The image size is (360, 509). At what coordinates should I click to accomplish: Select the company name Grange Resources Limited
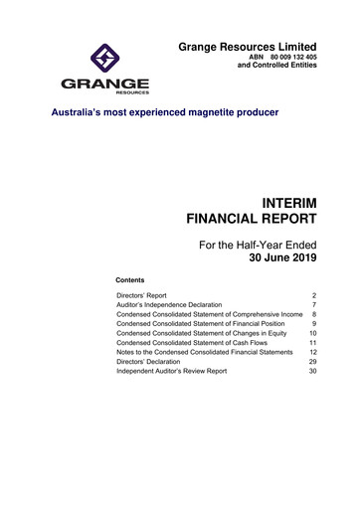tap(248, 47)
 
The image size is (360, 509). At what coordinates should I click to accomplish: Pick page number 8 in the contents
tap(313, 315)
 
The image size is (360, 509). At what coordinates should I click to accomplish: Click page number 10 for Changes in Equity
tap(310, 334)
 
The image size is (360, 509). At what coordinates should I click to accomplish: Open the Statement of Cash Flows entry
tap(189, 347)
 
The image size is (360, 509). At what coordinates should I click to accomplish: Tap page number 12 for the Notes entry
tap(310, 353)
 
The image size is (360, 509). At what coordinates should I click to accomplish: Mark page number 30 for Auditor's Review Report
tap(310, 372)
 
